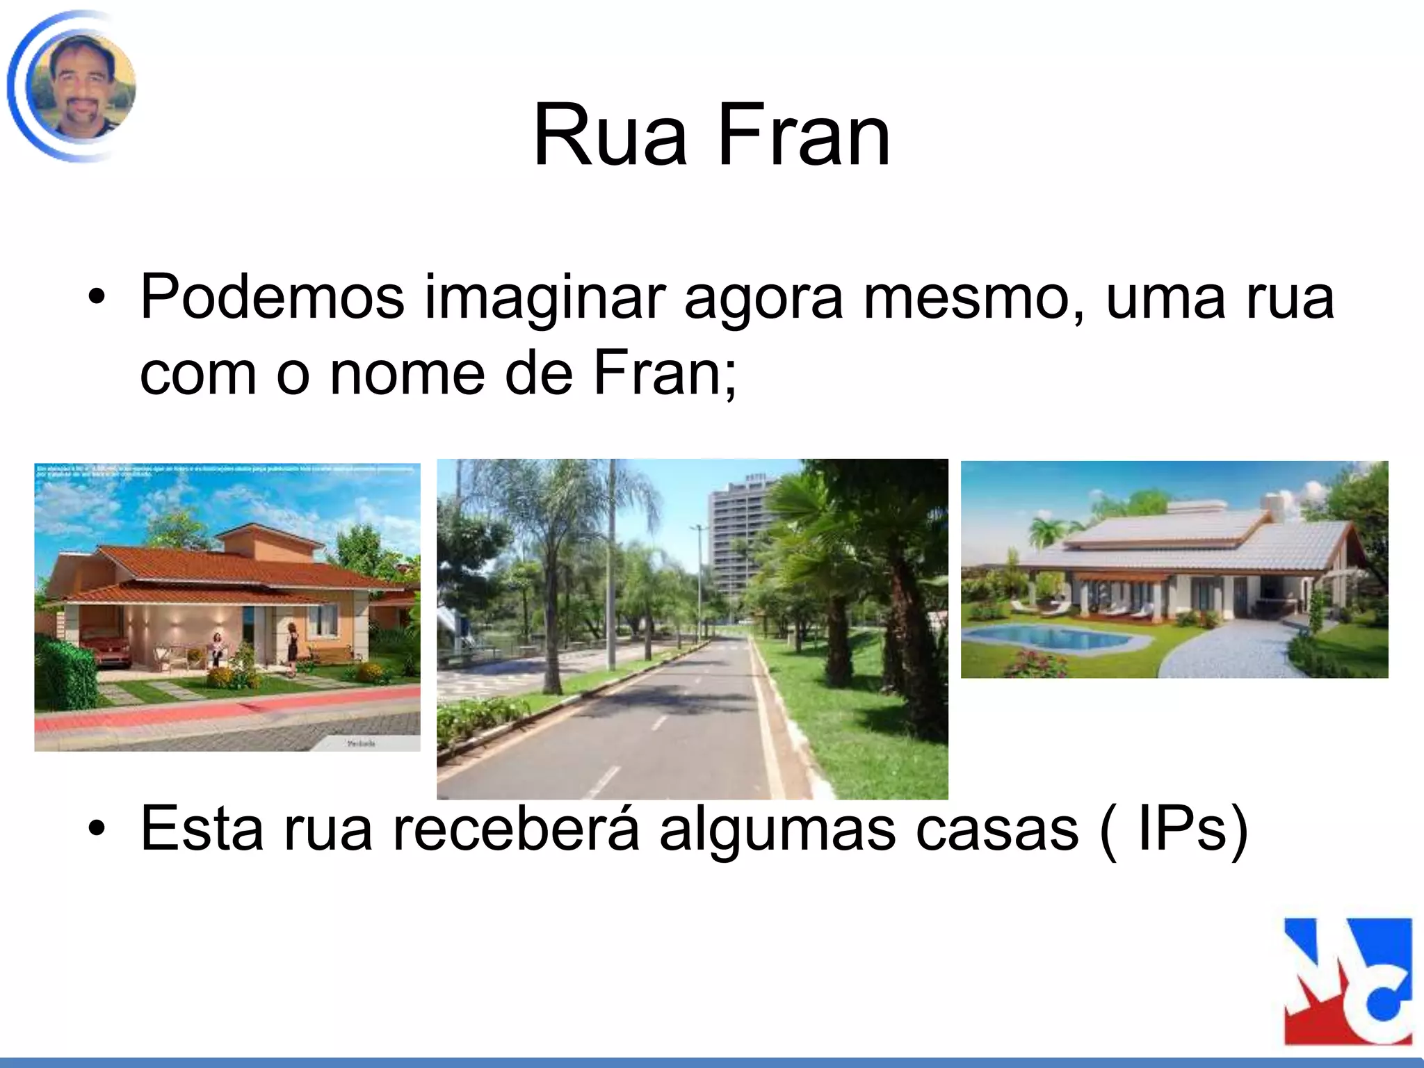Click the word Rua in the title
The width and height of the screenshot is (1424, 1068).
(609, 136)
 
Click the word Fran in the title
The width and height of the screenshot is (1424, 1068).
(803, 136)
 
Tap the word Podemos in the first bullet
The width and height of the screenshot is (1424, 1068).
(272, 298)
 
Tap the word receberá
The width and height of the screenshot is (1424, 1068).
(516, 828)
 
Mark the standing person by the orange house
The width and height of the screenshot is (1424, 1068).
(292, 643)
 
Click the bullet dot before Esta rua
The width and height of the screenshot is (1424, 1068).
(97, 830)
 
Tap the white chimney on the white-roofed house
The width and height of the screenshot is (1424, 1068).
(1274, 505)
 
